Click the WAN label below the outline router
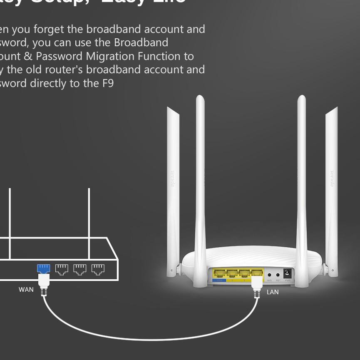point(26,289)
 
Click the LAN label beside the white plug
point(273,292)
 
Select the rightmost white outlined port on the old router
point(98,269)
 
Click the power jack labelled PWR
point(287,274)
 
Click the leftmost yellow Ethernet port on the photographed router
point(219,273)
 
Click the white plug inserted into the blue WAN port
point(44,281)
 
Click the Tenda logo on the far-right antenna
point(332,179)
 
